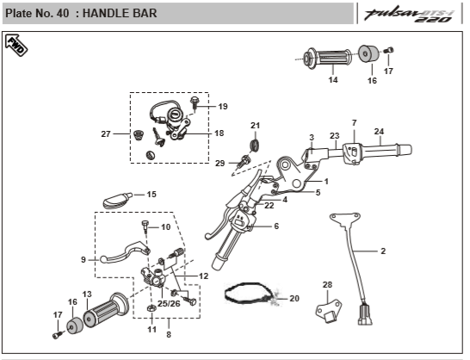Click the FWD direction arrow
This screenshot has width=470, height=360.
16,46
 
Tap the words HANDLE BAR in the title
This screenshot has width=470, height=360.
120,13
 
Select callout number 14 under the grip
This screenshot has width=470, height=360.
333,80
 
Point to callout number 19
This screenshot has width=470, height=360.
223,106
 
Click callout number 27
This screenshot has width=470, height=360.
106,133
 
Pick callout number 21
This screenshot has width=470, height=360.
255,126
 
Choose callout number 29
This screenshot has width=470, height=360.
220,163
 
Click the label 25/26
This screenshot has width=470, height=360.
169,304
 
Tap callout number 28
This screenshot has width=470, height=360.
327,284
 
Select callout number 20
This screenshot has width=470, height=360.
294,298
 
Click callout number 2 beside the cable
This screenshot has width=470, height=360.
383,251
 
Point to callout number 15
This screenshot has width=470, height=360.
152,195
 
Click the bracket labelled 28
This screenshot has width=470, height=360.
329,312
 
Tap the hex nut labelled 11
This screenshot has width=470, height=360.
152,307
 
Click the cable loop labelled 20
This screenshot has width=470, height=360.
251,293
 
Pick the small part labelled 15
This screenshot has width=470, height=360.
117,201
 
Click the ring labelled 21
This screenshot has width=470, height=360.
255,145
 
